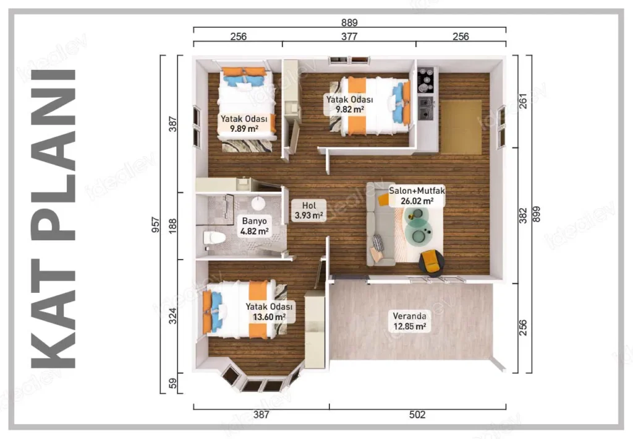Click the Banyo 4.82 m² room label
click(x=254, y=226)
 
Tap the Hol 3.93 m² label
click(x=309, y=210)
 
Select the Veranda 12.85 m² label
click(x=409, y=321)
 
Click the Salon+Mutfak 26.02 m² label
click(x=417, y=196)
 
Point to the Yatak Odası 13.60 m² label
click(x=269, y=311)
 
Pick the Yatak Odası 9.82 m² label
click(x=350, y=104)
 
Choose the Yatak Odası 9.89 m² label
click(x=244, y=124)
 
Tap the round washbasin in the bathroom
click(x=258, y=203)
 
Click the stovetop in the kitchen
click(x=426, y=80)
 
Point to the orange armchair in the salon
click(x=431, y=261)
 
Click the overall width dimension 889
click(x=350, y=22)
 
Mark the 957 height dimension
click(x=155, y=224)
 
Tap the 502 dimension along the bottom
click(x=417, y=414)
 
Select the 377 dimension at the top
click(x=349, y=37)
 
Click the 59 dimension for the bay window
click(x=172, y=383)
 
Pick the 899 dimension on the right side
click(x=536, y=214)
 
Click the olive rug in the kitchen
click(x=461, y=127)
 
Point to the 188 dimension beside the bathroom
click(x=172, y=227)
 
